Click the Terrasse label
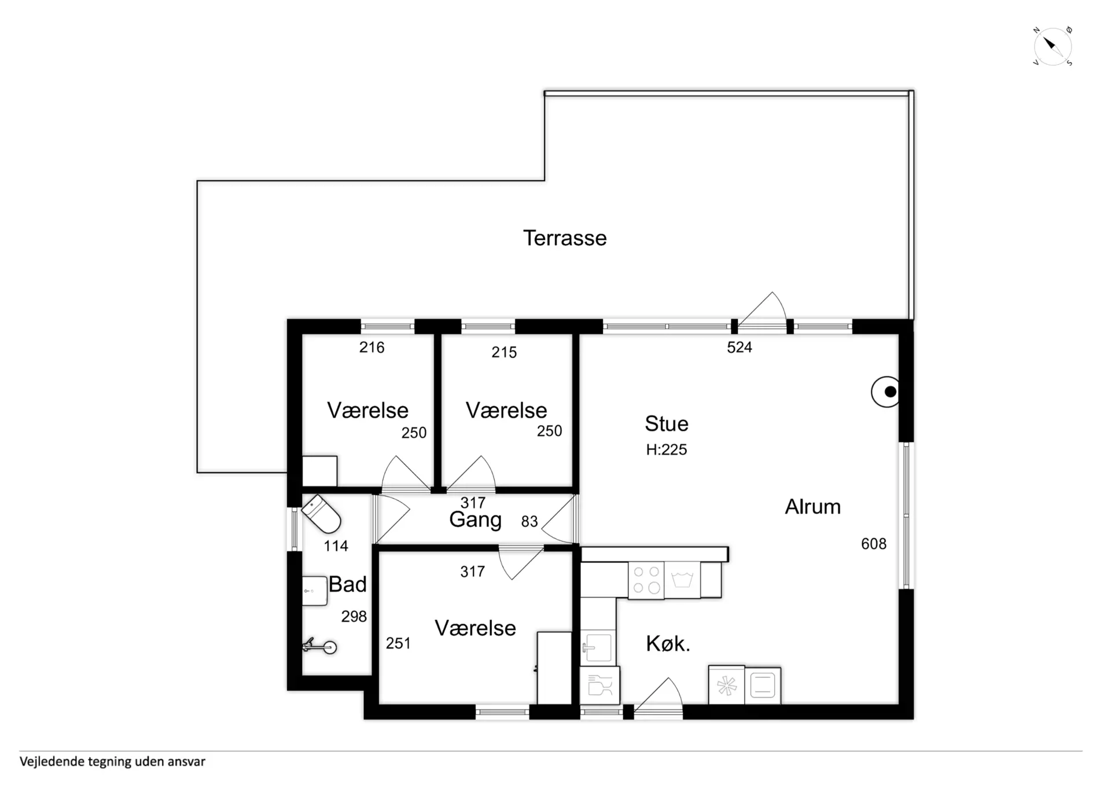point(565,238)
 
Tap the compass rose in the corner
point(1053,46)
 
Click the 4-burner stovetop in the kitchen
point(646,580)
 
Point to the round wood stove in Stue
point(885,392)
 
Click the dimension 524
point(740,347)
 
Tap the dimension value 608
point(874,544)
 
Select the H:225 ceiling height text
point(667,449)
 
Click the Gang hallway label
point(476,519)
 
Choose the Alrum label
point(812,507)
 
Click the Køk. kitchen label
point(668,643)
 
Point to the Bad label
point(348,584)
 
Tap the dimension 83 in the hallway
point(529,522)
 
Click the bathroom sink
point(315,591)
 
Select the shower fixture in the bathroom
point(320,647)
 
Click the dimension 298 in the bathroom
point(354,617)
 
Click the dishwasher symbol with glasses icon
point(600,686)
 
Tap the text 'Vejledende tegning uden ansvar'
point(112,762)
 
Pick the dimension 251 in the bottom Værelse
point(398,643)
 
